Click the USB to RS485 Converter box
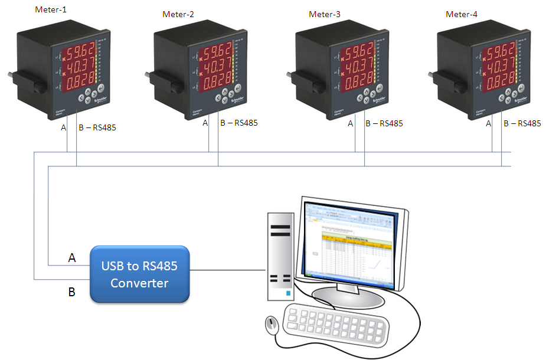[139, 274]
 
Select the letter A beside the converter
[72, 258]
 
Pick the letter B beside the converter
[72, 292]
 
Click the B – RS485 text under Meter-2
[238, 123]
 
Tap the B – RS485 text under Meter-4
[522, 123]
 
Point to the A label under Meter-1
[64, 127]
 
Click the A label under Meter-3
[351, 123]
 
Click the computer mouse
[271, 325]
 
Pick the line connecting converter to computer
[227, 270]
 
